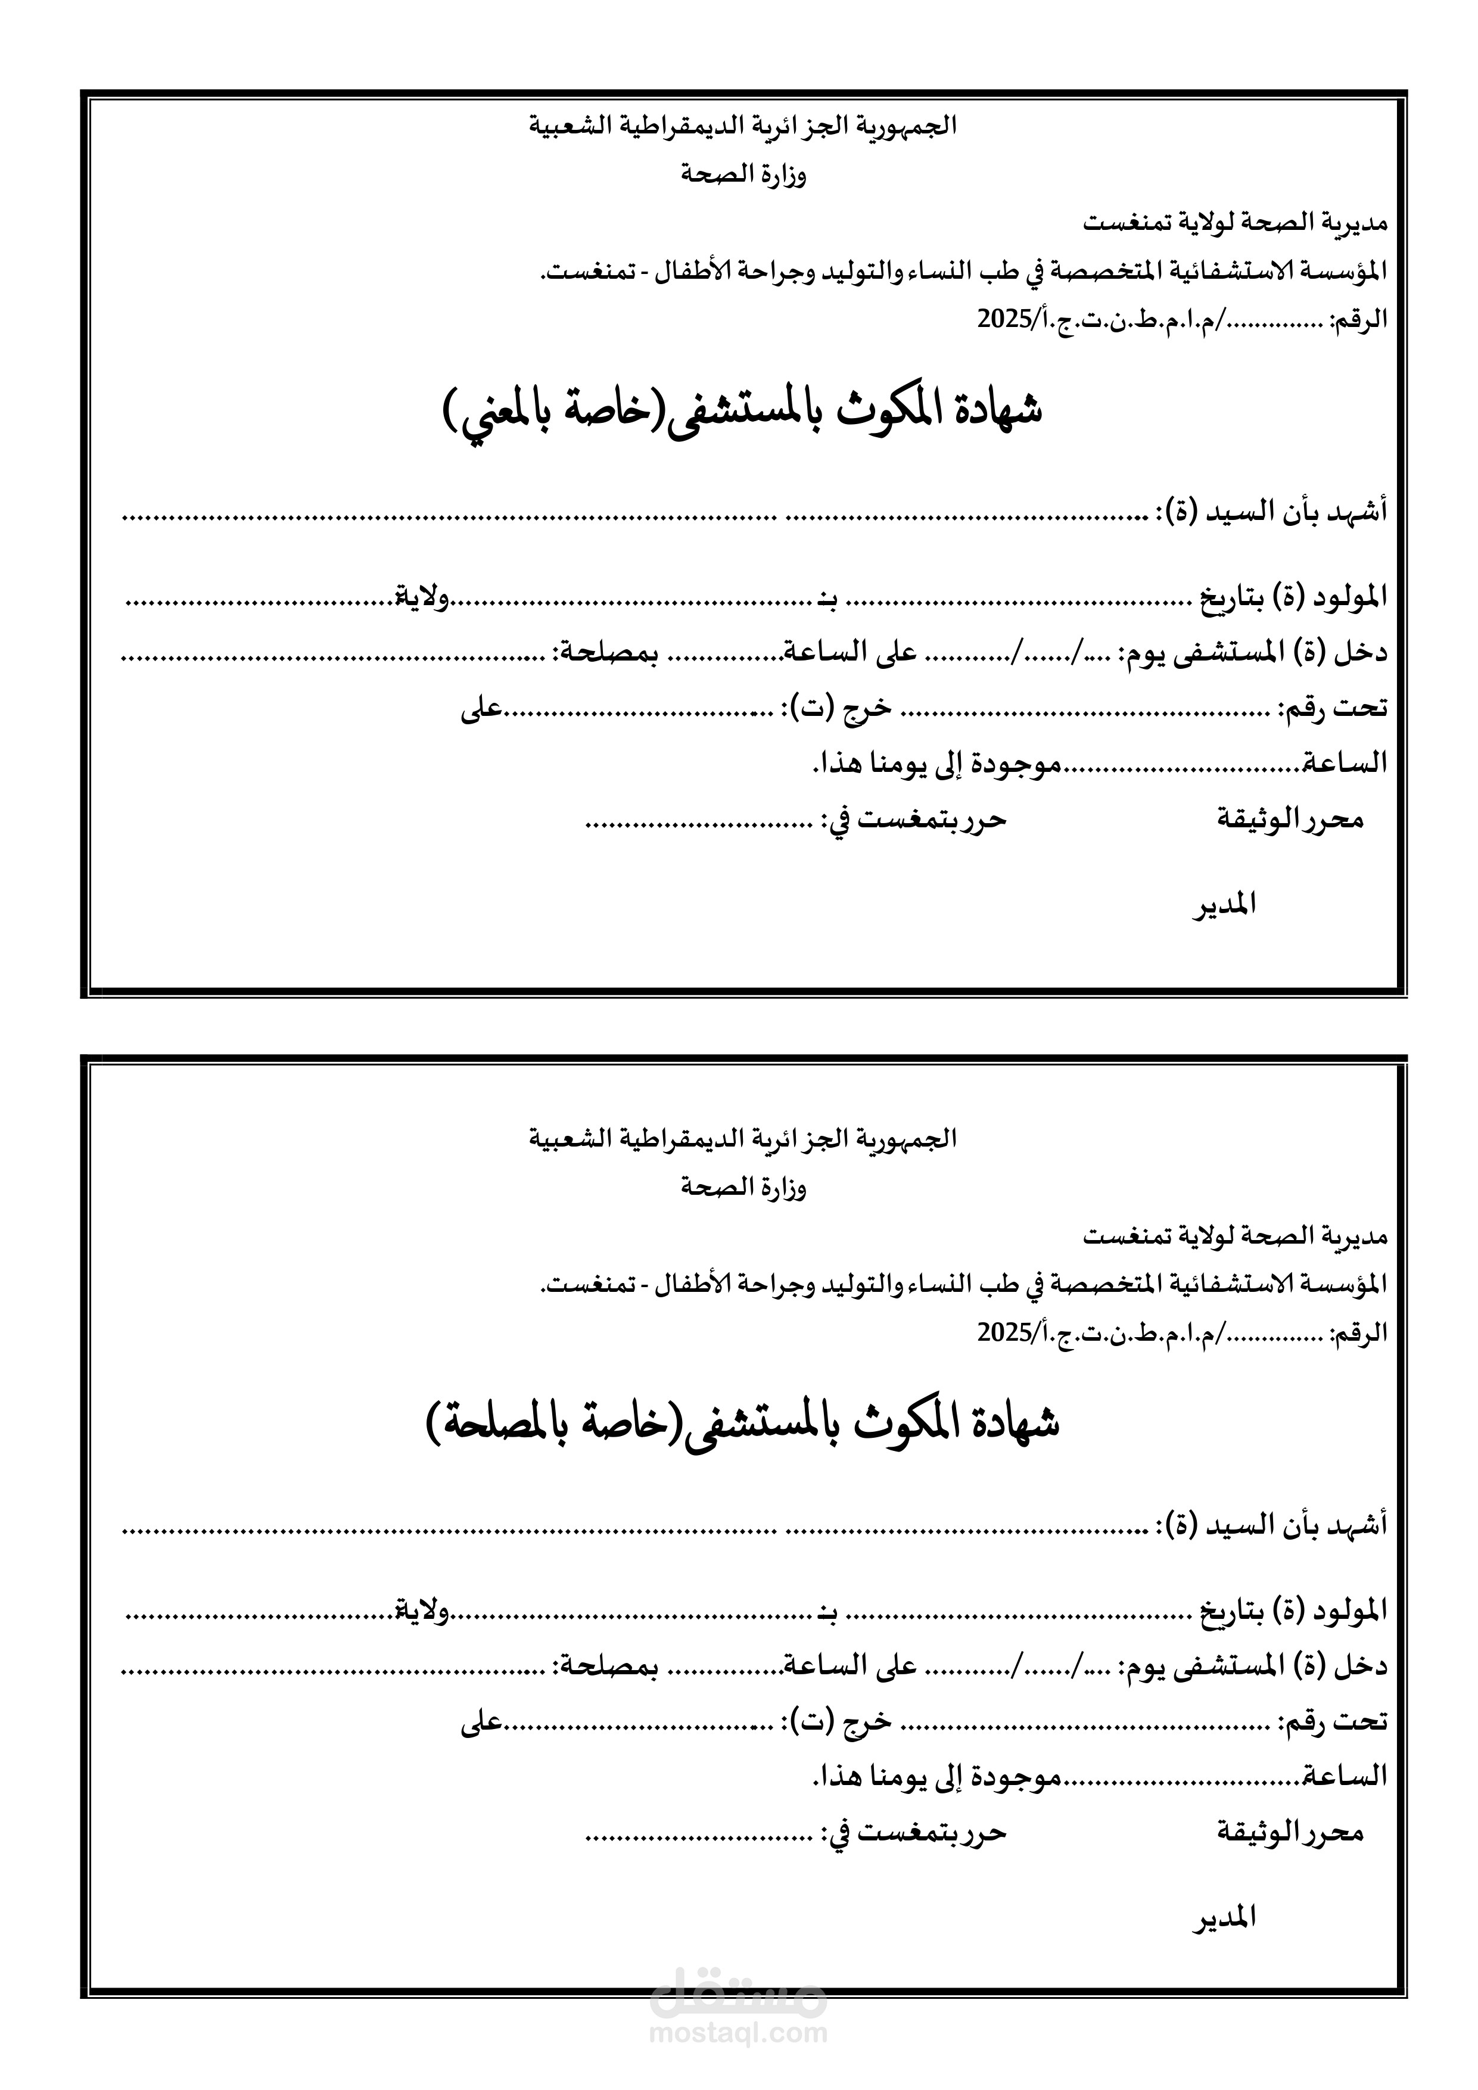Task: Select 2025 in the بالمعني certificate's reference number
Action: click(997, 319)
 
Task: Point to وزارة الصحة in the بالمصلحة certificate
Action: click(744, 1187)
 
